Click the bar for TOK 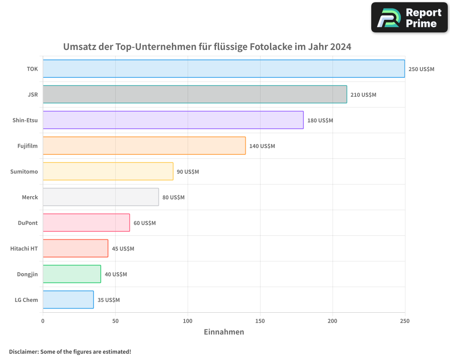coord(224,69)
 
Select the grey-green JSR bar coord(195,94)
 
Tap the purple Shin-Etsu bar coord(173,120)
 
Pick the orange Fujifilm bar coord(144,146)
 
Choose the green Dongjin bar coord(72,274)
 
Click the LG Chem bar coord(68,300)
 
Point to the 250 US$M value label coord(421,69)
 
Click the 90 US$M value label coord(188,172)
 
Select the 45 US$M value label coord(123,249)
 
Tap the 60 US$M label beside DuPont coord(144,223)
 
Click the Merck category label coord(30,197)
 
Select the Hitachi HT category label coord(24,248)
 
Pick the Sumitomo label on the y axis coord(24,171)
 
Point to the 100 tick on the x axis coord(188,321)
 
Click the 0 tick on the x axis coord(43,321)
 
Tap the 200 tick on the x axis coord(333,321)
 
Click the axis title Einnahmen coord(224,332)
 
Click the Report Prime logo coord(409,18)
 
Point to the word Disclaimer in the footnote coord(23,351)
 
